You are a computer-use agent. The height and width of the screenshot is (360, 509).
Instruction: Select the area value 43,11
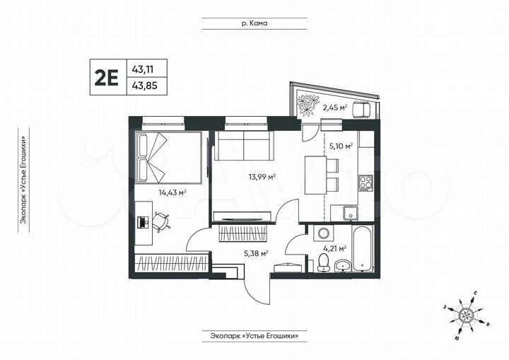point(144,68)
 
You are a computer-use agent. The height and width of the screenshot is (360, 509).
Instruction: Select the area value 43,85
point(144,86)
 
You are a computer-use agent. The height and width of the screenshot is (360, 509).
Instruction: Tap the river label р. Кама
point(254,23)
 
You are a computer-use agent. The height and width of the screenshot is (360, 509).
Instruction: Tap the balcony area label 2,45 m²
point(334,108)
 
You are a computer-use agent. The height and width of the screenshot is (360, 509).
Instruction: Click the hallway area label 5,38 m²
point(255,252)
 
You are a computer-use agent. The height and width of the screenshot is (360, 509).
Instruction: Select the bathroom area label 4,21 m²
point(334,248)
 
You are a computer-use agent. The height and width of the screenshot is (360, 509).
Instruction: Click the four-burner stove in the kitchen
point(365,183)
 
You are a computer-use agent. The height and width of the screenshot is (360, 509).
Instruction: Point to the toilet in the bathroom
point(323,262)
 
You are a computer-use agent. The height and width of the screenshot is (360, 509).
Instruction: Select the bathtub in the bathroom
point(361,248)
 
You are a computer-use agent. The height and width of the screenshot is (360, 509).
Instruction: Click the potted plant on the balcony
point(308,104)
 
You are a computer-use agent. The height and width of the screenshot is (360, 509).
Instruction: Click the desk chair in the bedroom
point(162,222)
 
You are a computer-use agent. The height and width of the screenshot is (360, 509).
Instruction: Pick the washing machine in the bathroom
point(323,234)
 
